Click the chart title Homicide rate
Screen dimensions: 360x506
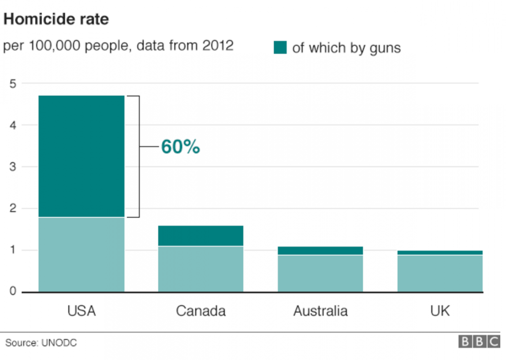[56, 19]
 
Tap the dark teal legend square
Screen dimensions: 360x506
[280, 47]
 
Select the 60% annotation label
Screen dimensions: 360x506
[180, 147]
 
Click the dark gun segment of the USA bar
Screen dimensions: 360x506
[82, 156]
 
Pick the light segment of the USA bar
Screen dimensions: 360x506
[82, 255]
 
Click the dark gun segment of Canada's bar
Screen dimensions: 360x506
[201, 236]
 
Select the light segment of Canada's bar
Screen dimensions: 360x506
[201, 269]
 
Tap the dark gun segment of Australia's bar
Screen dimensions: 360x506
[320, 250]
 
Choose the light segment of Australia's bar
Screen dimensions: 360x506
[320, 274]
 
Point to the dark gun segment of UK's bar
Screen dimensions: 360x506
[439, 252]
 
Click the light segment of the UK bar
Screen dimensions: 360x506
[439, 274]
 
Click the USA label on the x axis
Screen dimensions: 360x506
[82, 311]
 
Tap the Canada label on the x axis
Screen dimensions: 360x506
[201, 311]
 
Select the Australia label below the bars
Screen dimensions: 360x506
[320, 311]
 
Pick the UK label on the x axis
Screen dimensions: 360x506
[440, 311]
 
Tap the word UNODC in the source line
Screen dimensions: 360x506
[59, 343]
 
